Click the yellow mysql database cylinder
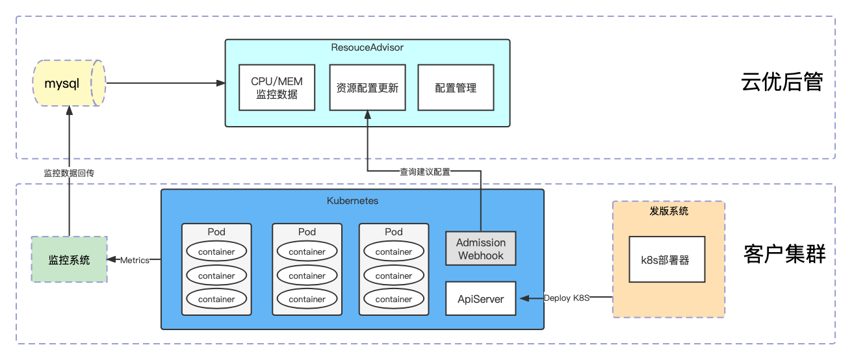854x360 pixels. coord(68,84)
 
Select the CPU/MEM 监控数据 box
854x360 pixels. coord(277,88)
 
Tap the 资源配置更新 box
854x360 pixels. coord(367,88)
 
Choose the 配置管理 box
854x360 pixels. coord(456,88)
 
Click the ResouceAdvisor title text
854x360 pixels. coord(367,47)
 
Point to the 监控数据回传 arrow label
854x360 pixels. coord(69,172)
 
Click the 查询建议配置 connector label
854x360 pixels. coord(424,172)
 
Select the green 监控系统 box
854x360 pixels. coord(70,259)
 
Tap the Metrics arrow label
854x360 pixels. coord(135,260)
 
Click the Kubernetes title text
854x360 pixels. coord(352,201)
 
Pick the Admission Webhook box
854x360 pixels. coord(480,249)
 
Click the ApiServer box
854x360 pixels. coord(480,298)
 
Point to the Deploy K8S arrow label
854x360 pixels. coord(566,298)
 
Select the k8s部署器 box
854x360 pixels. coord(667,259)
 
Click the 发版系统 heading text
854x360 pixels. coord(669,211)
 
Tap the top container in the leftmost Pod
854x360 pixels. coord(216,251)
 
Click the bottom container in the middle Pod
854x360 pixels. coord(307,299)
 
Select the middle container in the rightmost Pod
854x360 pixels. coord(394,276)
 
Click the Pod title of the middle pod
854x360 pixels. coord(307,232)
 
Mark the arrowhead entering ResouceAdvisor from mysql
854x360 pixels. coord(221,83)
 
